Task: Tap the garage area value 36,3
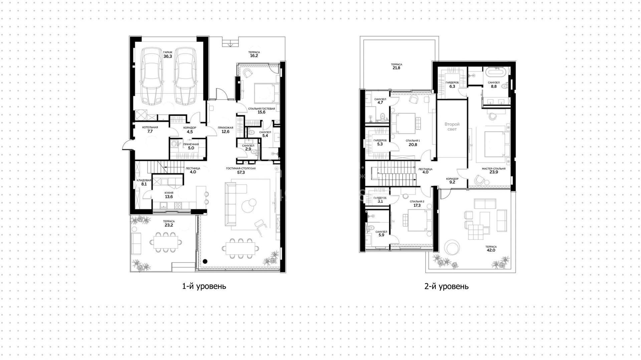168,56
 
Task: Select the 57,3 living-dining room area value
241,173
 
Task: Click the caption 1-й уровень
204,286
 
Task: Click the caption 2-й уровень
446,286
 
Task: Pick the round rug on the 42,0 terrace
453,249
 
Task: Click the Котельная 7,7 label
150,130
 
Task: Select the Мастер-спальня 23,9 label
493,171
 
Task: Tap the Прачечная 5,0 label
191,146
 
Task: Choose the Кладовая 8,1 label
144,182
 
